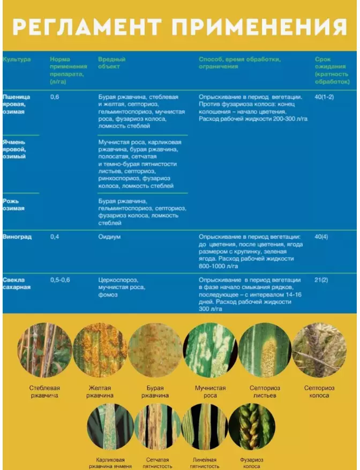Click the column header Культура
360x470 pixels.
(17, 59)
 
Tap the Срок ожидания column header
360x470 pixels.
(332, 70)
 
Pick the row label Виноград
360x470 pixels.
(17, 237)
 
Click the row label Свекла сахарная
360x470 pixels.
(17, 283)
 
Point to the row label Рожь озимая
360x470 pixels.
(14, 204)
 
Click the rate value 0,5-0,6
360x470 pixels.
(60, 280)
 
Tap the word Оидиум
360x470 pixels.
(110, 237)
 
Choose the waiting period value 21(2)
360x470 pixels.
(321, 280)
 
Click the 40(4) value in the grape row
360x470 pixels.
(321, 237)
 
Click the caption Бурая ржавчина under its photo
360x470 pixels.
(155, 392)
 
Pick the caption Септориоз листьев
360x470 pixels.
(264, 392)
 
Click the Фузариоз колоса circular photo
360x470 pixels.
(251, 426)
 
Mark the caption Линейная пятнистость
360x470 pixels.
(204, 463)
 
